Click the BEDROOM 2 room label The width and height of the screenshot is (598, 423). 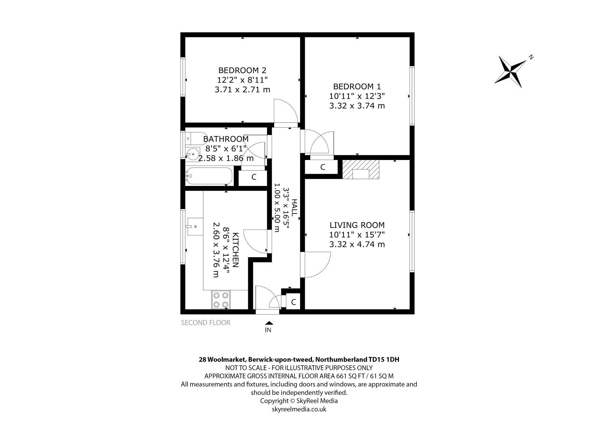click(x=242, y=70)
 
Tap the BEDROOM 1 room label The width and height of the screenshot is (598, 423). click(x=357, y=86)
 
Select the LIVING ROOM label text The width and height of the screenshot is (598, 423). click(x=357, y=225)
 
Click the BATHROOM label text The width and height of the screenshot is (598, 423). click(x=226, y=139)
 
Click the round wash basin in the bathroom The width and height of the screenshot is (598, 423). click(x=193, y=155)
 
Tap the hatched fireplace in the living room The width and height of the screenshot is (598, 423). click(x=361, y=169)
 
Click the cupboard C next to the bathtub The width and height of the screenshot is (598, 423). click(x=254, y=177)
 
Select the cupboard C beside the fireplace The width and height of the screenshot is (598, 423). click(x=322, y=167)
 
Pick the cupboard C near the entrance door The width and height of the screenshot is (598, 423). click(x=293, y=302)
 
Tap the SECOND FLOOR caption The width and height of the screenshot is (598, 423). click(x=206, y=322)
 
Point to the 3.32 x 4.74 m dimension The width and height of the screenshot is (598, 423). click(x=357, y=244)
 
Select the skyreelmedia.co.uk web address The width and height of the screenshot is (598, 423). click(x=299, y=409)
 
